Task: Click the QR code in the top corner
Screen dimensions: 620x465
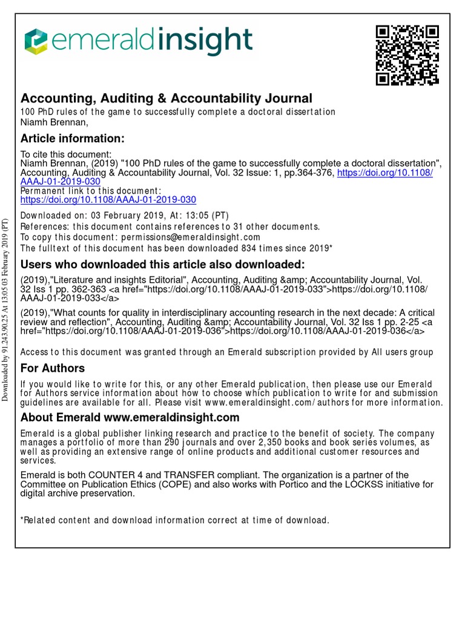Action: click(407, 55)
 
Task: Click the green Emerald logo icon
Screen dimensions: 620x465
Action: click(35, 41)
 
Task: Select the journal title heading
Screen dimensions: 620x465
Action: click(167, 98)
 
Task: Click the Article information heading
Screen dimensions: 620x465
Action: click(73, 139)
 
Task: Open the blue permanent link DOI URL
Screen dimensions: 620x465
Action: click(108, 199)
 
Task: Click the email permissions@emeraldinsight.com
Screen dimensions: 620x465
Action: click(191, 237)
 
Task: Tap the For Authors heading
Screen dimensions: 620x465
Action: click(53, 368)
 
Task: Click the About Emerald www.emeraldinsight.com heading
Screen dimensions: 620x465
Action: click(130, 418)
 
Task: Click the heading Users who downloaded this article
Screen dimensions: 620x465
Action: click(163, 265)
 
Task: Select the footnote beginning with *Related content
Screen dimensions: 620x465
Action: click(175, 520)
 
